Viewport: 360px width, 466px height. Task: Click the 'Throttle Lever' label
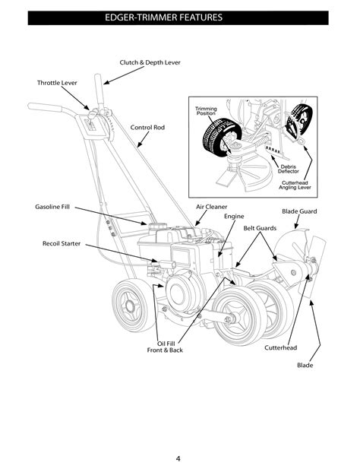57,83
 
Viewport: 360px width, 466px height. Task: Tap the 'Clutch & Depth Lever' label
150,62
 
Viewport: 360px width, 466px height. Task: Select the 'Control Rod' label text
147,127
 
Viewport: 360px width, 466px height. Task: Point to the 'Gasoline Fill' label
52,207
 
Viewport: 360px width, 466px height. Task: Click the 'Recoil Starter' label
62,243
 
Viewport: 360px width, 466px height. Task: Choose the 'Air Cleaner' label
211,207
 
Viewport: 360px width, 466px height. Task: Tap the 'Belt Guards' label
260,228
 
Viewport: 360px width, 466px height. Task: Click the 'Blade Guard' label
299,211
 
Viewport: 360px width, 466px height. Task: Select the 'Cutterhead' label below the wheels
281,347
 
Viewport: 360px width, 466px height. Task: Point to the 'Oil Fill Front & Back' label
165,347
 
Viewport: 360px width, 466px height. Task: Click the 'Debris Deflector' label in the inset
289,169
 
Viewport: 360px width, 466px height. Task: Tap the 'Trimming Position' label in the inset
206,111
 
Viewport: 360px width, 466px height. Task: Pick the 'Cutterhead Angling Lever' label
295,185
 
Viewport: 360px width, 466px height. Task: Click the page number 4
178,458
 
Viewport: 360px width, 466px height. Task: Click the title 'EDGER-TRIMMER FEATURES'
163,17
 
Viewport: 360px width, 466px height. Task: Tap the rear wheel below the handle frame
130,306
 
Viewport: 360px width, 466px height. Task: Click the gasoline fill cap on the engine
156,227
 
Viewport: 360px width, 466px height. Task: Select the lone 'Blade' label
305,365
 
